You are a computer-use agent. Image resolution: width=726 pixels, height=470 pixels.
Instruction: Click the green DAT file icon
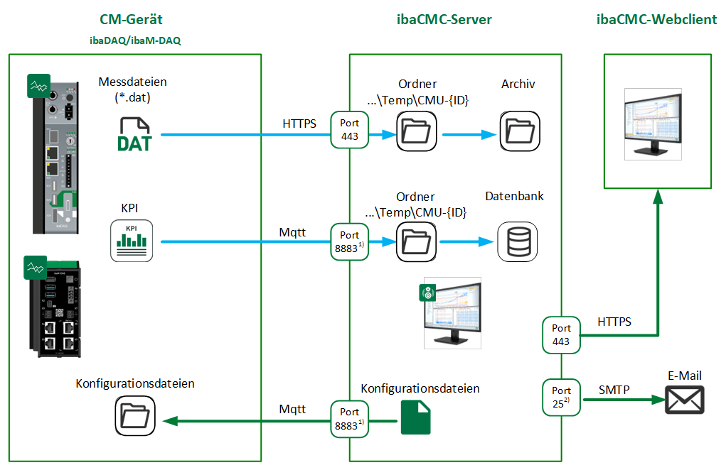(x=134, y=134)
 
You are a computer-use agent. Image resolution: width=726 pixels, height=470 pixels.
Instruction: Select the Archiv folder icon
(x=518, y=133)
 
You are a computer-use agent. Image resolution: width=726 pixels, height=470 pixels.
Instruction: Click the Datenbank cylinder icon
(x=518, y=241)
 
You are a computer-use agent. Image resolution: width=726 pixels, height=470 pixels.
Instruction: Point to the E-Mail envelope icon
(x=684, y=400)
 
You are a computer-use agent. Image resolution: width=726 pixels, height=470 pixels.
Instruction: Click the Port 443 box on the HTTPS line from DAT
(x=350, y=129)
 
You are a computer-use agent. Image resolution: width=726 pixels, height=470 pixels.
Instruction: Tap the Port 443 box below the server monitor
(x=562, y=335)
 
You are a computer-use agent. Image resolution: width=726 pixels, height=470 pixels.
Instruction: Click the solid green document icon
(x=415, y=417)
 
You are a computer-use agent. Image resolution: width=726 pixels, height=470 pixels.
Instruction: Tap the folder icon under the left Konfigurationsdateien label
(x=135, y=419)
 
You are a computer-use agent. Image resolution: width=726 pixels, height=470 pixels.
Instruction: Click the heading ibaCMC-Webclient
(x=656, y=19)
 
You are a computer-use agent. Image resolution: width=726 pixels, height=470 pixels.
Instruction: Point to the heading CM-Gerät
(x=135, y=19)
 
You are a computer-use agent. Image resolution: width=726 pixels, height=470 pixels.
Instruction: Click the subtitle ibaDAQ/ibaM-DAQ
(x=135, y=40)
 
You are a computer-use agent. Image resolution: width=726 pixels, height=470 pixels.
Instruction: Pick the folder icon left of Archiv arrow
(x=415, y=133)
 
